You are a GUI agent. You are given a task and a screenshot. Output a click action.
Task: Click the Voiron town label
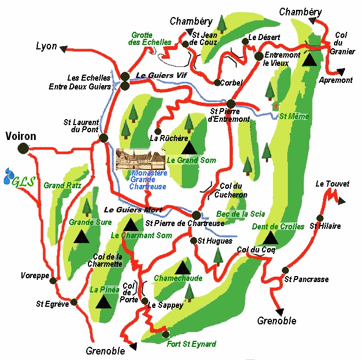coord(20,136)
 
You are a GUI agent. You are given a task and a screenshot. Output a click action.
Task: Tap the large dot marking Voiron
coord(23,148)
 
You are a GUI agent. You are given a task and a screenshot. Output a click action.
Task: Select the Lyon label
coord(46,46)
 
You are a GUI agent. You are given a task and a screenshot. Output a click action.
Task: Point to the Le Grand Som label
coord(191,160)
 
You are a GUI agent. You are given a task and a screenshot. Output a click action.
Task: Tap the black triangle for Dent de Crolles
coord(270,237)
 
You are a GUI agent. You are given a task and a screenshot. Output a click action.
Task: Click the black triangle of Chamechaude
coord(182,268)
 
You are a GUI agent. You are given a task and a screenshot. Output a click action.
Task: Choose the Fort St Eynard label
coord(191,344)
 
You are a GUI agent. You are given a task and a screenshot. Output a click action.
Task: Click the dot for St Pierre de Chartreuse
coord(197,215)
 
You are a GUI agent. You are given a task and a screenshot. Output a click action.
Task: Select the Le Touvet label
coord(332,184)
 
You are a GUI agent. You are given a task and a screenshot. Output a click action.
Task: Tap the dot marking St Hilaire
coord(320,218)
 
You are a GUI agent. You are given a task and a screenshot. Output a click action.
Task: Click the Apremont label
coord(336,80)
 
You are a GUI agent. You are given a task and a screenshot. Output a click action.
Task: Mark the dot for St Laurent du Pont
coord(103,138)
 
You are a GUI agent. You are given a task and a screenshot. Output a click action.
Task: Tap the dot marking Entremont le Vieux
coord(259,56)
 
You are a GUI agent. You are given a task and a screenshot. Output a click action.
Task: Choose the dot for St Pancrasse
coord(285,270)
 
